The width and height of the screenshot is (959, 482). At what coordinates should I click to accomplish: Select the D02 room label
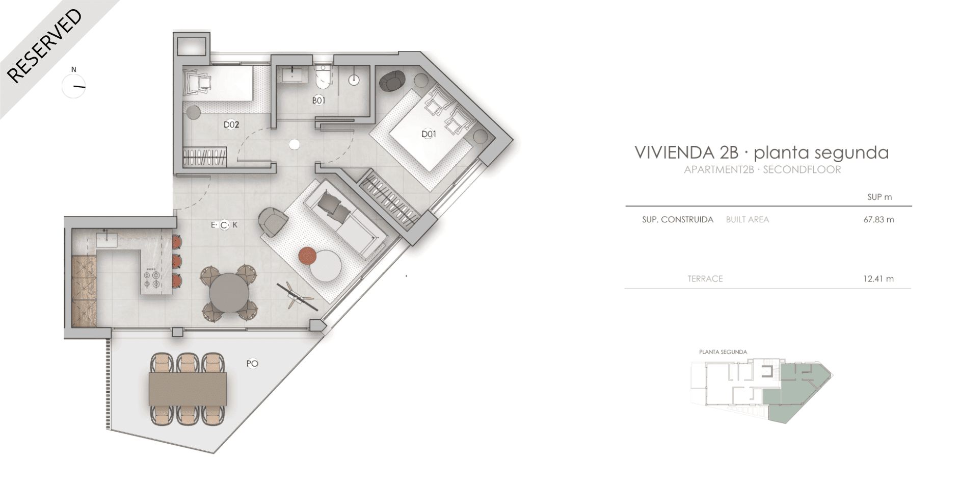231,124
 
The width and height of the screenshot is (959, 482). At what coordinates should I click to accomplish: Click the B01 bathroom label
318,100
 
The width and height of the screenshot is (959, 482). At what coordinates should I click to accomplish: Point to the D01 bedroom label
429,134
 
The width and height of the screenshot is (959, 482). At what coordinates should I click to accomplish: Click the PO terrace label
252,364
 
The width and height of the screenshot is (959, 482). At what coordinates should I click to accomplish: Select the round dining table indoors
230,293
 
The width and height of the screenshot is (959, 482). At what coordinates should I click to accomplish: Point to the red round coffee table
307,256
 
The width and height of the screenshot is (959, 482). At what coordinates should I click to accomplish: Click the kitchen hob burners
151,279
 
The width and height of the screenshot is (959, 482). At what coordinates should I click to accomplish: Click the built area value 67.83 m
878,220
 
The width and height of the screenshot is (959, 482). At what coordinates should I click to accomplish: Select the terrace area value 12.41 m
878,279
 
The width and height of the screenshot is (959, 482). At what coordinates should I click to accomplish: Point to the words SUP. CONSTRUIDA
677,220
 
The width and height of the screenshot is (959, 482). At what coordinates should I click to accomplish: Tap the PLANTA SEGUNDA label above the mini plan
723,352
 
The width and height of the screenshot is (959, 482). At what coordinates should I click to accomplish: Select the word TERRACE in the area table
705,279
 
